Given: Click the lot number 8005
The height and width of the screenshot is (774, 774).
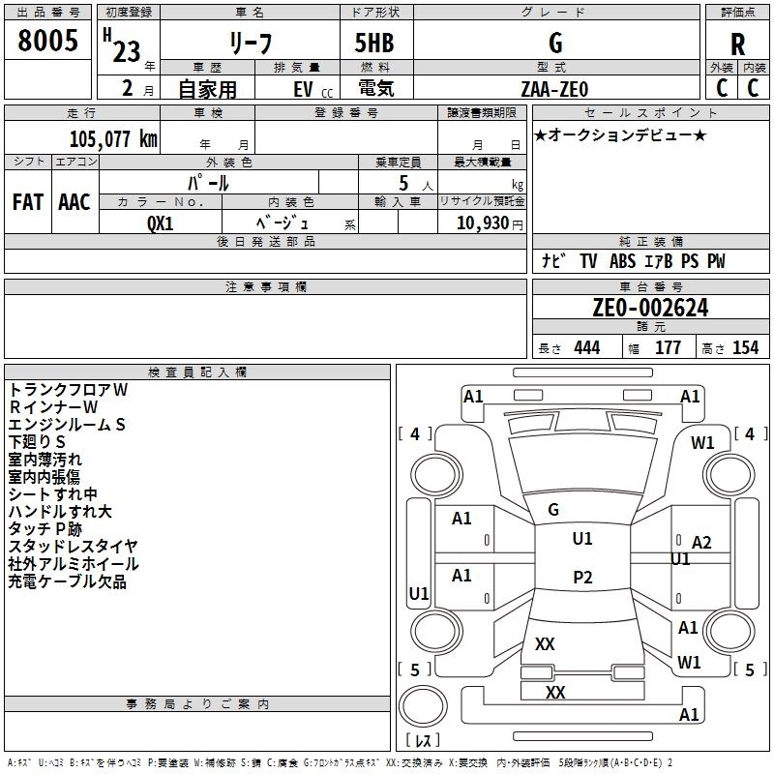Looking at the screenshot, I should tap(47, 41).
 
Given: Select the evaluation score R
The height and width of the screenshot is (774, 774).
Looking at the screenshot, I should tap(737, 45).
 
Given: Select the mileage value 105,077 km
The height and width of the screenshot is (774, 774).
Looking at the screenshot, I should tap(113, 138).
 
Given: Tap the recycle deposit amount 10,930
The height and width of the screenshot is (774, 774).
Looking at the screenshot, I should tap(482, 223).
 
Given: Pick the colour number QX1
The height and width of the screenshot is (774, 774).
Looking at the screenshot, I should tap(160, 223).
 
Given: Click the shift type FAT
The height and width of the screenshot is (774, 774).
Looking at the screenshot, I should tap(27, 201).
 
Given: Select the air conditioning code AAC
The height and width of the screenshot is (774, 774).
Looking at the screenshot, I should tap(74, 201).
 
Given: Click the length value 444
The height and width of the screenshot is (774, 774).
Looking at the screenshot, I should tap(586, 348).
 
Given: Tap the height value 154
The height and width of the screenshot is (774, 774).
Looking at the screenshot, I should tap(745, 348).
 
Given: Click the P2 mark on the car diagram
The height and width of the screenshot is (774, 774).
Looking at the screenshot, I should tap(581, 578).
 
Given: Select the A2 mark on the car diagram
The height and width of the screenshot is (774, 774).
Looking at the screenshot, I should tap(701, 543).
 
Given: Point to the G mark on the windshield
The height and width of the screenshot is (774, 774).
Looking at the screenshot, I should tap(553, 509).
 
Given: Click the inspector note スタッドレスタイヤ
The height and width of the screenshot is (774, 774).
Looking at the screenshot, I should tap(73, 547).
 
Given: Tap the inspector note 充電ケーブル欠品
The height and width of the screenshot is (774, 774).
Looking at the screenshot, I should tap(68, 581).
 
